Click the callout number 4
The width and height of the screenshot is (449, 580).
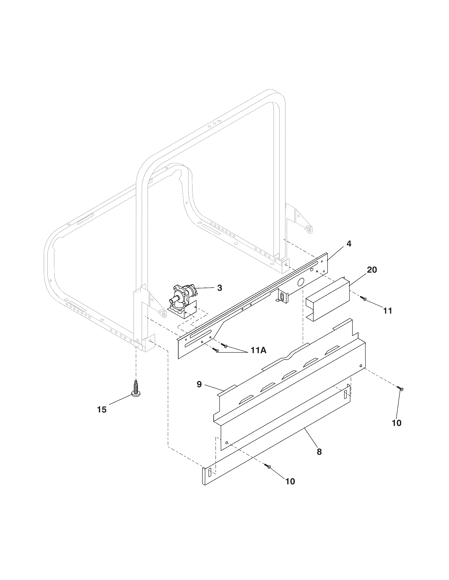pyautogui.click(x=349, y=244)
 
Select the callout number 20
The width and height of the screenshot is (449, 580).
pyautogui.click(x=372, y=270)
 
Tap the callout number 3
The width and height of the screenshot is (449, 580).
pyautogui.click(x=219, y=288)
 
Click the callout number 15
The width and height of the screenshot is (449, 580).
pyautogui.click(x=102, y=409)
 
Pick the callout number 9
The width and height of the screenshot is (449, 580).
pyautogui.click(x=199, y=384)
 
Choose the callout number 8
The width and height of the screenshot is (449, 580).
pyautogui.click(x=319, y=451)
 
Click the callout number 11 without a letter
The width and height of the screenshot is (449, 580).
pyautogui.click(x=387, y=311)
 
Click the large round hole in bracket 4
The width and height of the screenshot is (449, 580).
pyautogui.click(x=301, y=282)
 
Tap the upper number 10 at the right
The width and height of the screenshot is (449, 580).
pyautogui.click(x=397, y=423)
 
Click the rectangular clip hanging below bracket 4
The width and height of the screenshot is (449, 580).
pyautogui.click(x=283, y=296)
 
